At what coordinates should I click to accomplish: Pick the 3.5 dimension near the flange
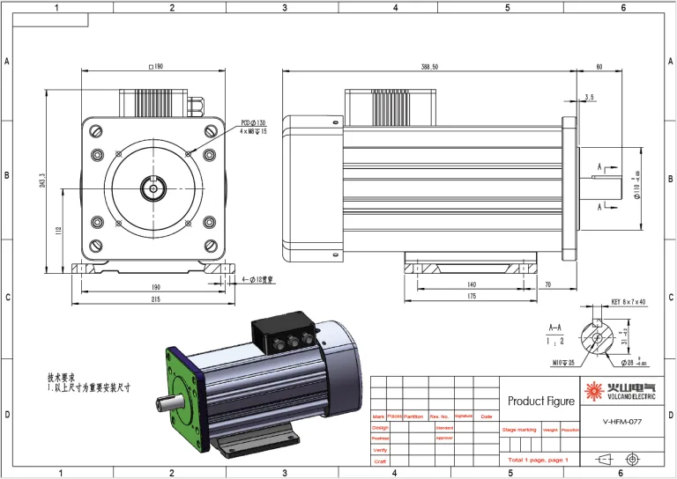589,97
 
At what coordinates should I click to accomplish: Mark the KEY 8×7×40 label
629,302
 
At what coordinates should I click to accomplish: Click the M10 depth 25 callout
564,362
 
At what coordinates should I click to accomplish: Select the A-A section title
555,327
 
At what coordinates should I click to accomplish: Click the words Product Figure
541,401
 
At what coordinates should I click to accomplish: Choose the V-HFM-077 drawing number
621,422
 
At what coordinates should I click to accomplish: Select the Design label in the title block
380,427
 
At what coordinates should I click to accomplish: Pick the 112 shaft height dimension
58,231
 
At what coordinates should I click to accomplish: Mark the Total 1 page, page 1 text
538,461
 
